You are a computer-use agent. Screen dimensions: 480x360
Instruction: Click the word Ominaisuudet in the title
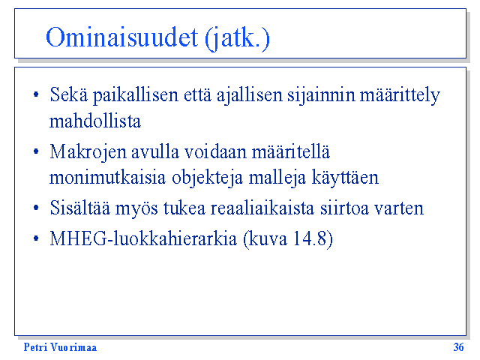click(121, 37)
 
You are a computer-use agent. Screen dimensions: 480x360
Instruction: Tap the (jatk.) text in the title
click(237, 38)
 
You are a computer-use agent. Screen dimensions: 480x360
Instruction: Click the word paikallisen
click(135, 95)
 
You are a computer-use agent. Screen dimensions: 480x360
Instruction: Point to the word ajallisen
click(249, 95)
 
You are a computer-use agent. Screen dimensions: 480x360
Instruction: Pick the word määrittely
click(400, 95)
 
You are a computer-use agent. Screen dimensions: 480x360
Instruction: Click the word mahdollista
click(95, 121)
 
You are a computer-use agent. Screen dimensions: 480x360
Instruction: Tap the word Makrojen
click(88, 152)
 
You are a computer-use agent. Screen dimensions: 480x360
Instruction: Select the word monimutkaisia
click(107, 178)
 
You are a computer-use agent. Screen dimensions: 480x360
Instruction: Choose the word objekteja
click(207, 178)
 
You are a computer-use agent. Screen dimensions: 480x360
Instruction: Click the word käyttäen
click(345, 178)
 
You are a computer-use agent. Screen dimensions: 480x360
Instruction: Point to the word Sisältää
click(80, 208)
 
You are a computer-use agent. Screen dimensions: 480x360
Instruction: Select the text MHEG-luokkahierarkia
click(143, 238)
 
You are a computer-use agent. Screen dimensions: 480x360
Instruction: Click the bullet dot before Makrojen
click(36, 151)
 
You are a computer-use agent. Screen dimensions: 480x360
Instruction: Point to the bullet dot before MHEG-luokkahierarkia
click(36, 238)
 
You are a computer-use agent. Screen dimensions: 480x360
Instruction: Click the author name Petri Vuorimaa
click(60, 347)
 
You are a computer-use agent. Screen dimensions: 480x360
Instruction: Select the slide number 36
click(458, 347)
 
